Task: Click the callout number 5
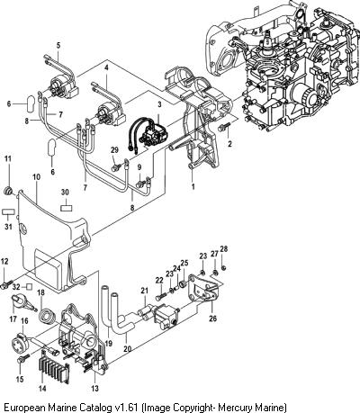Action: pos(58,46)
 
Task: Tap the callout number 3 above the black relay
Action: pos(159,104)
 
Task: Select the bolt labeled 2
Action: pos(224,127)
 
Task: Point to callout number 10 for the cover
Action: pos(36,177)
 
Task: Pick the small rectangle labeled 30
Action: pos(66,208)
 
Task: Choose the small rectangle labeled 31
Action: pos(8,211)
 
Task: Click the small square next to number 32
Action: pos(29,287)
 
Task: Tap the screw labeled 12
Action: pos(6,283)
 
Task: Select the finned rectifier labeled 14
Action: pos(54,368)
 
